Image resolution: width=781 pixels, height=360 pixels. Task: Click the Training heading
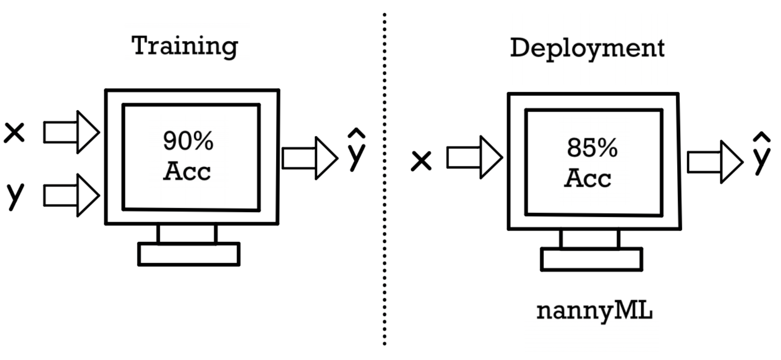pos(184,46)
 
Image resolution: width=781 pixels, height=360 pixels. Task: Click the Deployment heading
pos(587,48)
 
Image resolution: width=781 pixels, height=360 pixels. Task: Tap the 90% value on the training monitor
pos(188,141)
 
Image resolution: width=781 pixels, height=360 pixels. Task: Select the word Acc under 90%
pos(187,171)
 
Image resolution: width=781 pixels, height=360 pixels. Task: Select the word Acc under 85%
pos(588,178)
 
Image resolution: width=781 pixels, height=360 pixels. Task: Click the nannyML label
pos(594,311)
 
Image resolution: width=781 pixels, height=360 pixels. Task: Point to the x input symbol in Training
pos(14,132)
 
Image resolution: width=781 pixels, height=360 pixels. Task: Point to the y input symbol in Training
pos(15,195)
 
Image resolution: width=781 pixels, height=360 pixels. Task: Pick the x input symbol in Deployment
pos(421,161)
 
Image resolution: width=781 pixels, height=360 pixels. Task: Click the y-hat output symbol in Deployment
pos(761,154)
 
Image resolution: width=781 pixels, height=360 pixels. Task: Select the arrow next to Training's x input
pos(71,132)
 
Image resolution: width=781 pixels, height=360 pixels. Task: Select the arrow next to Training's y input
pos(71,195)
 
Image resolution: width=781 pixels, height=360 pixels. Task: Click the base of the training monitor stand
pos(189,254)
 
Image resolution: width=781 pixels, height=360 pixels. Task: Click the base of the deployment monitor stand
pos(591,260)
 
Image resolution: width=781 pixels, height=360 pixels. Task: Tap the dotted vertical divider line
pos(385,176)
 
